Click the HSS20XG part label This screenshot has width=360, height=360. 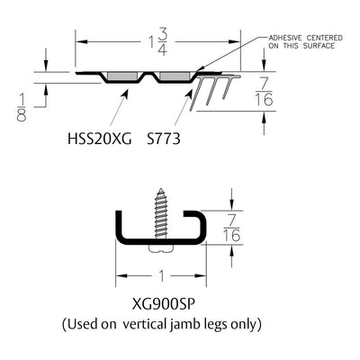[x=99, y=139]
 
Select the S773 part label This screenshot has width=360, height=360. [x=164, y=139]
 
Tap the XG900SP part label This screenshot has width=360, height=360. [x=164, y=305]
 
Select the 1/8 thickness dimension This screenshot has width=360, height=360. [x=22, y=107]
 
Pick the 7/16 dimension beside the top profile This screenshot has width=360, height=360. [x=264, y=92]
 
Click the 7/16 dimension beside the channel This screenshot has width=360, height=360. [x=231, y=228]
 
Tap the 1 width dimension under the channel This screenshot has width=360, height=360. [x=162, y=276]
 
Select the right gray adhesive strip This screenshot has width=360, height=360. [x=175, y=76]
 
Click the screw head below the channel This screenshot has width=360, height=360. [x=161, y=249]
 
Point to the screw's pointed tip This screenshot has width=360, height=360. [x=161, y=189]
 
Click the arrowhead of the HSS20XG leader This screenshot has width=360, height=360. [x=125, y=93]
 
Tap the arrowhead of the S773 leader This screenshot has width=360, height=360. [x=189, y=93]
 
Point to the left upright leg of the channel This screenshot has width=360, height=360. [x=119, y=225]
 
